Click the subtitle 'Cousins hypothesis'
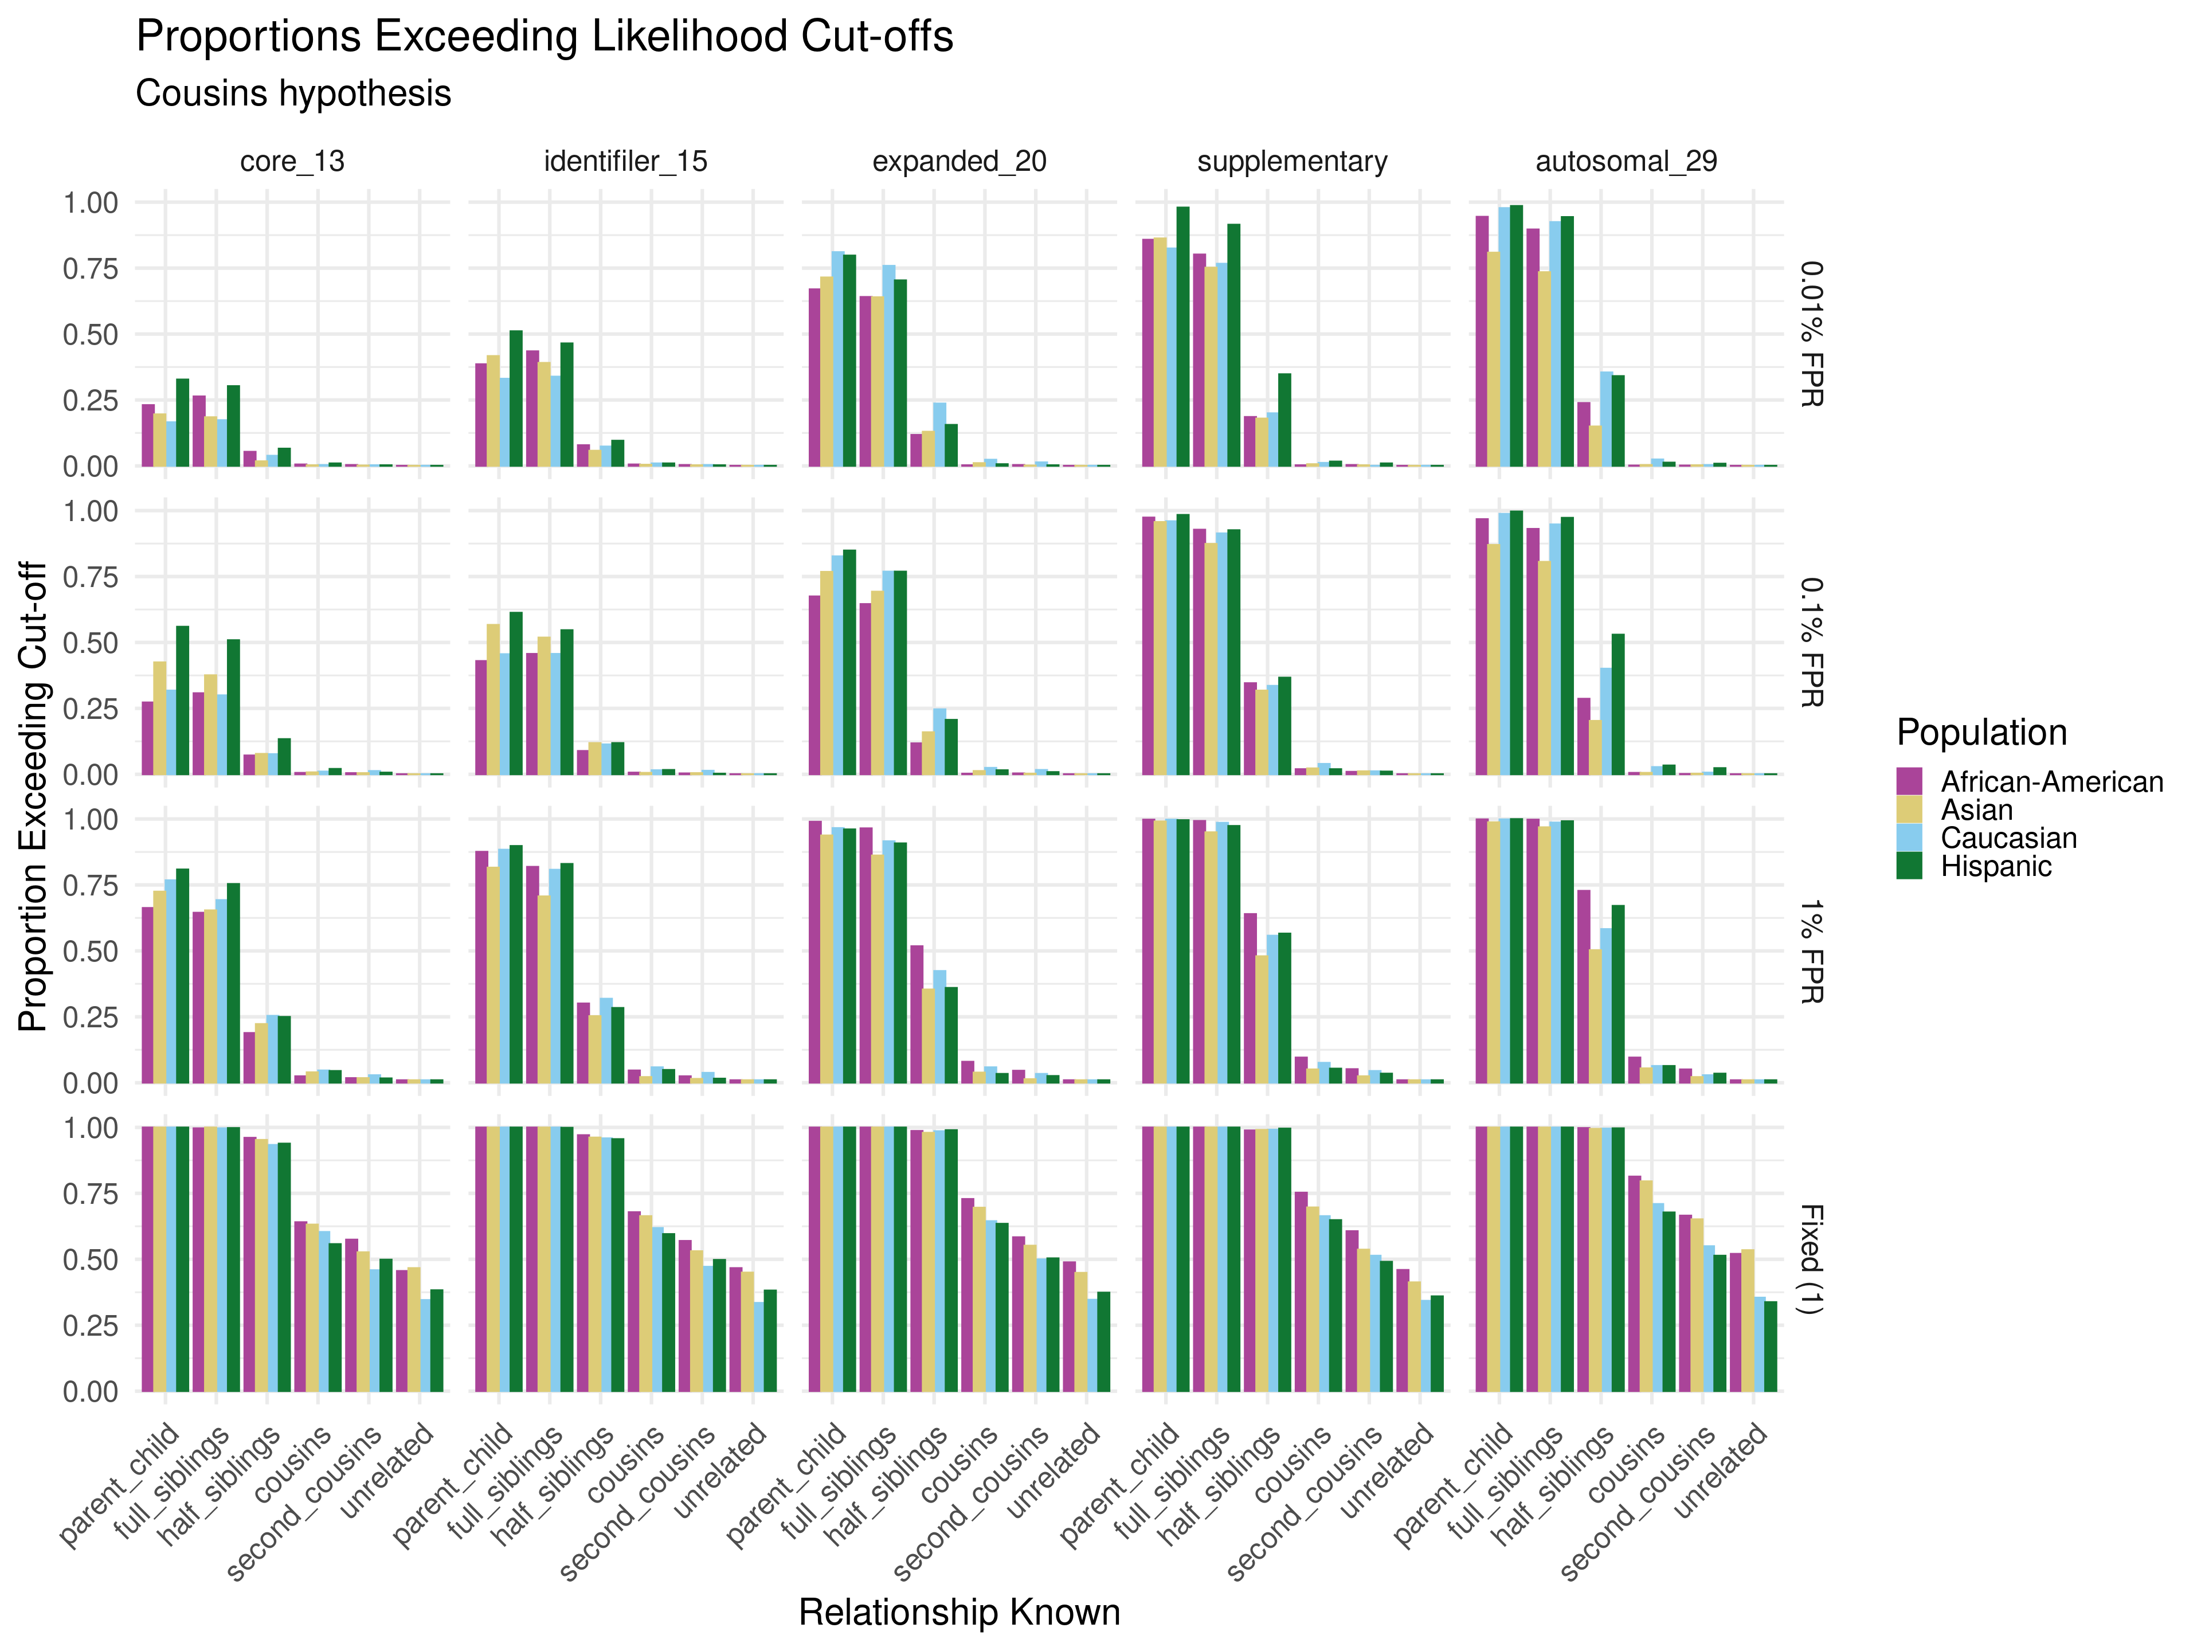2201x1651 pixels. tap(293, 93)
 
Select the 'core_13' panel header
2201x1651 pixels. tap(292, 161)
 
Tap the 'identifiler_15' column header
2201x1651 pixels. tap(626, 161)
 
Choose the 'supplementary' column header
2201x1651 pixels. tap(1293, 161)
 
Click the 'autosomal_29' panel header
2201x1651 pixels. tap(1626, 161)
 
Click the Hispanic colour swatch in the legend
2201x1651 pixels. tap(1909, 866)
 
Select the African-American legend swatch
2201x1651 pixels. tap(1909, 781)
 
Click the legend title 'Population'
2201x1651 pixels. tap(1981, 733)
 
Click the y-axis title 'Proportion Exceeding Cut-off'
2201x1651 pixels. tap(33, 796)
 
